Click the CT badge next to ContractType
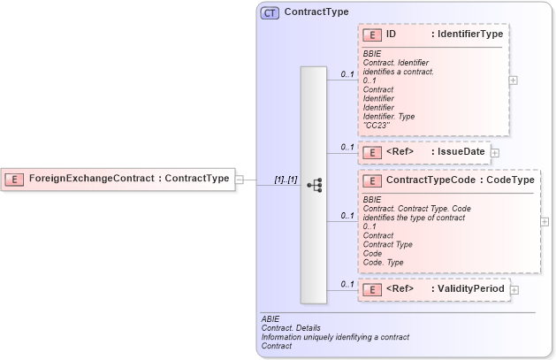270,12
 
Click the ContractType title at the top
316,12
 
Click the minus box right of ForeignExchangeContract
240,180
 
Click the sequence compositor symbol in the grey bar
313,185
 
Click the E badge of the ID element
372,35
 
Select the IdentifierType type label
467,34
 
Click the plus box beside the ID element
514,80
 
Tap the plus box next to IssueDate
495,153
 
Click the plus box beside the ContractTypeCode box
545,221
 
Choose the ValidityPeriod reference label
468,288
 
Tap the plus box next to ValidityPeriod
514,289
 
